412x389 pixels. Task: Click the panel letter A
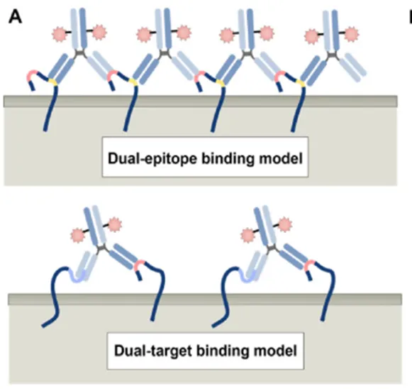15,18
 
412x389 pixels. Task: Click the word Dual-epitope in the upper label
152,158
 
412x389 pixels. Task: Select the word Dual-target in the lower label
153,351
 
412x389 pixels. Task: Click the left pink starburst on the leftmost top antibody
60,34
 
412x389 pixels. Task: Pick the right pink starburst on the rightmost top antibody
352,34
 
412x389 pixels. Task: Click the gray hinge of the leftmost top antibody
79,53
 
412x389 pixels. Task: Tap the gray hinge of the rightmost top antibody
333,55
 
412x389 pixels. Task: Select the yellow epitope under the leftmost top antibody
52,82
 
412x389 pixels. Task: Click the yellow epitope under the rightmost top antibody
301,83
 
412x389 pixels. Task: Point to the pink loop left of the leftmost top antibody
32,75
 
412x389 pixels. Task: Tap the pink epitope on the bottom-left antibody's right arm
139,265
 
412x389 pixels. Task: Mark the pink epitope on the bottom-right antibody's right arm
309,265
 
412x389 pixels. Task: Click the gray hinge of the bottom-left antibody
101,248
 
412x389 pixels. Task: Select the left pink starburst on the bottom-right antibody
247,235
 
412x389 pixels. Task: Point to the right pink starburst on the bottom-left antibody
115,224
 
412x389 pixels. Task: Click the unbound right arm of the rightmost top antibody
352,65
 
